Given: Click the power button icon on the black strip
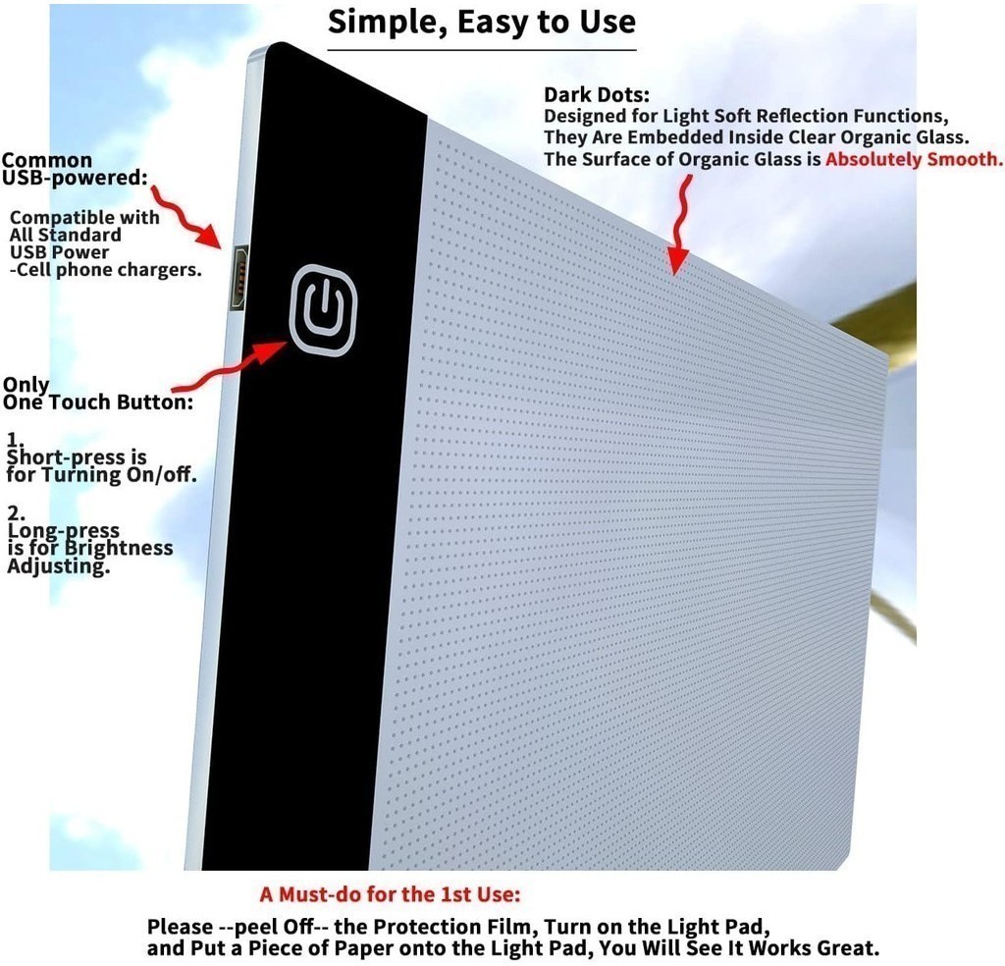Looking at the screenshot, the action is (x=323, y=310).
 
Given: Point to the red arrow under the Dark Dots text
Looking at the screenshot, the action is (x=681, y=225).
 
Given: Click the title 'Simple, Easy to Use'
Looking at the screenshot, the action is (x=481, y=22).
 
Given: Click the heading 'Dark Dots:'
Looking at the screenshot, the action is (x=597, y=95).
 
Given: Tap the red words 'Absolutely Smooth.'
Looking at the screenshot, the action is (x=914, y=159).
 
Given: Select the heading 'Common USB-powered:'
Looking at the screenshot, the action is (x=75, y=169).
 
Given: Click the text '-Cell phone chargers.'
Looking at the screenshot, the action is (x=105, y=270).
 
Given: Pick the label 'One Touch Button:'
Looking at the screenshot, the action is (x=97, y=402).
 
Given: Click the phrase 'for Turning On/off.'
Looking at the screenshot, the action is (x=101, y=475).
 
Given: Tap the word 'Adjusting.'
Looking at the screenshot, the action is (x=58, y=566).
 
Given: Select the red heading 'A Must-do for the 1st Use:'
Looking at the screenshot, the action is (x=390, y=894).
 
